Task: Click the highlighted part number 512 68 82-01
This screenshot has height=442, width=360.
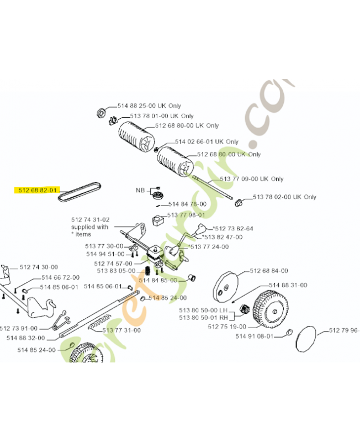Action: (37, 191)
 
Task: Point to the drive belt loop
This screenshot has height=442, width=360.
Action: (81, 191)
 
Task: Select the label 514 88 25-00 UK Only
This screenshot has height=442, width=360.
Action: (149, 106)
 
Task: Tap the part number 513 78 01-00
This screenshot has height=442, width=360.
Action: (149, 116)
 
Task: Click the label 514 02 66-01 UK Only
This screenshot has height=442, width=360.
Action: (207, 142)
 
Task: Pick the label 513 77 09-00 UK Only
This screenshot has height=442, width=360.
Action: (251, 179)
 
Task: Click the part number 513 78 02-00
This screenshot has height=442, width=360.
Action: (272, 197)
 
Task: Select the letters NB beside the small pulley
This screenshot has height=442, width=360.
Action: (141, 190)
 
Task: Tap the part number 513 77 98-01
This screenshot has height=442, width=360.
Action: (186, 215)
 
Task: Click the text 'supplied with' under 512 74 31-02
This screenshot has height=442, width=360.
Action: (89, 227)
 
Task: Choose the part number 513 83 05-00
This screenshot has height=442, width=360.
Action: (115, 271)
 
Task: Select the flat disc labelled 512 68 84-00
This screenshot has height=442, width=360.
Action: (225, 286)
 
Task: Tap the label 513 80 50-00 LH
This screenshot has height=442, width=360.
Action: (204, 310)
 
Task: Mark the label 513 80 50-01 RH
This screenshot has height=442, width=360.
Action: (204, 318)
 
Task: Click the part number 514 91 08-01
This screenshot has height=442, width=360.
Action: (255, 336)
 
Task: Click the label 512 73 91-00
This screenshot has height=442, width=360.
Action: (19, 328)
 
